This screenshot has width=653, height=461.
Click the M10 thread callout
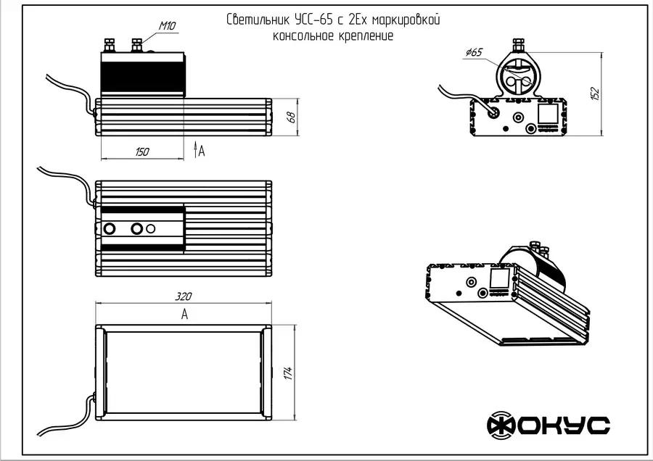click(x=167, y=26)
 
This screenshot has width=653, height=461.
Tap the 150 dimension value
click(x=142, y=151)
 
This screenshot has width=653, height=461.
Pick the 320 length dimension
click(x=184, y=296)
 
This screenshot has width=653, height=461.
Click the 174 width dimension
click(x=288, y=373)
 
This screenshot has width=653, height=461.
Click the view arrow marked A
click(x=197, y=149)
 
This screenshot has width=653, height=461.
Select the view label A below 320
click(x=184, y=315)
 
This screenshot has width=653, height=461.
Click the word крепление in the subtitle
click(x=366, y=36)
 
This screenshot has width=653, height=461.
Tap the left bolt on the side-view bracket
click(x=111, y=45)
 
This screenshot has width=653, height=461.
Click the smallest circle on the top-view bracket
click(x=151, y=228)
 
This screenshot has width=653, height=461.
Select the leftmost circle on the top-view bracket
click(x=110, y=229)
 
